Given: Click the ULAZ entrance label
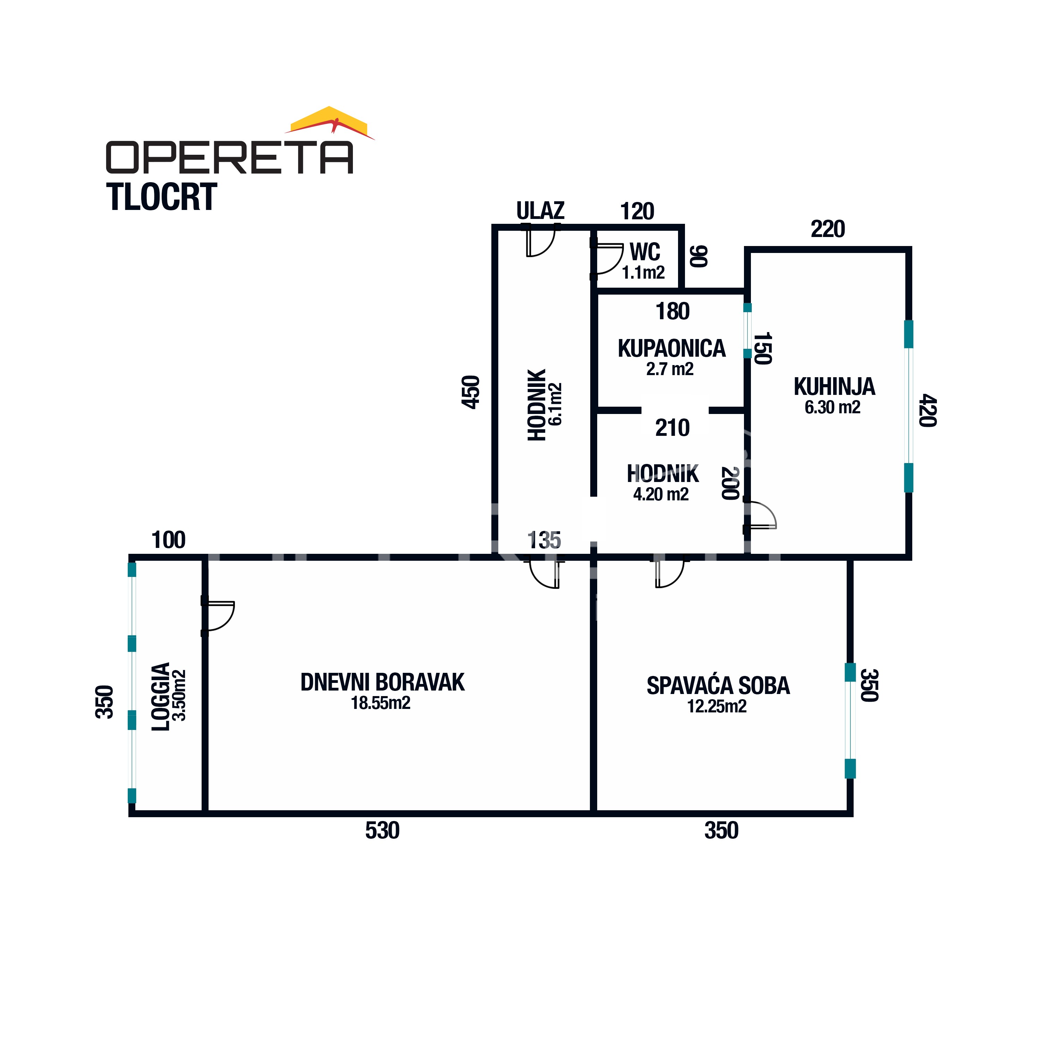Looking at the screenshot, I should tap(540, 211).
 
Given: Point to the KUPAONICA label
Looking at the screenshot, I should tap(671, 349).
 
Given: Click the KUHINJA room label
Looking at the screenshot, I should tap(834, 387).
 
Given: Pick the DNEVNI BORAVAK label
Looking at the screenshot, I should tap(382, 683).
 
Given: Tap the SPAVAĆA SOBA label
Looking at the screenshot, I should tap(718, 686).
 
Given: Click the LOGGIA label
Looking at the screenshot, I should tap(161, 697).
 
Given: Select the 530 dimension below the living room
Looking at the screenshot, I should tap(382, 830).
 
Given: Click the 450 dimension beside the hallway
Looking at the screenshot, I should tap(471, 392).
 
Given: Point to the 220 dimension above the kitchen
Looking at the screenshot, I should tap(828, 229).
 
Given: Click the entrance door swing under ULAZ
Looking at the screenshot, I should tap(540, 243).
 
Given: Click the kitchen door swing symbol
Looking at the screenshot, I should tap(761, 515).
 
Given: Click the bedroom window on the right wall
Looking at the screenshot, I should tap(850, 720).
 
